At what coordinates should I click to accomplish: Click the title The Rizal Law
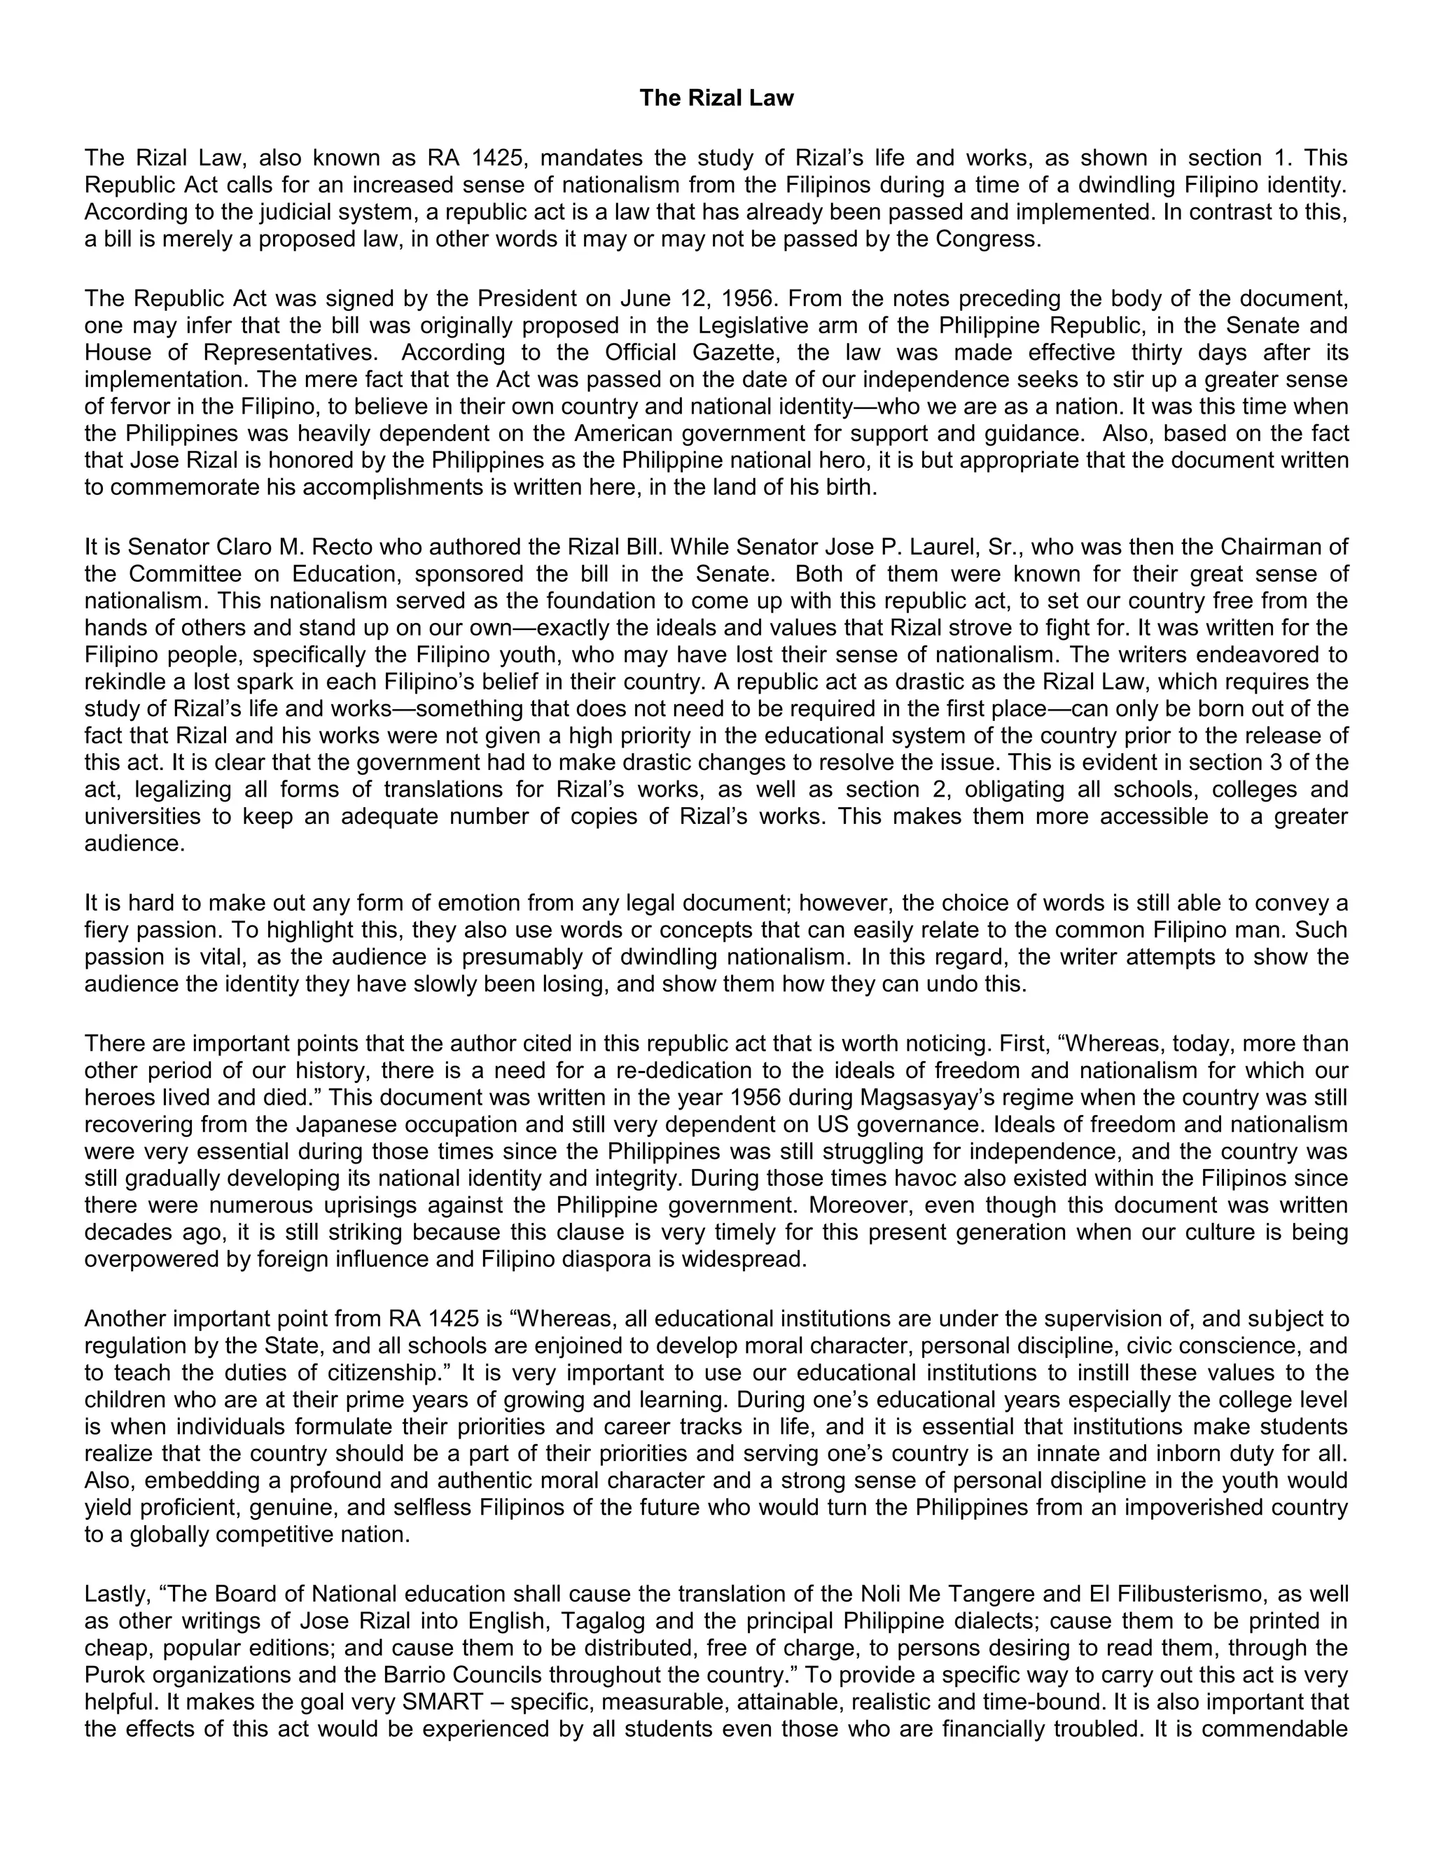[x=716, y=99]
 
